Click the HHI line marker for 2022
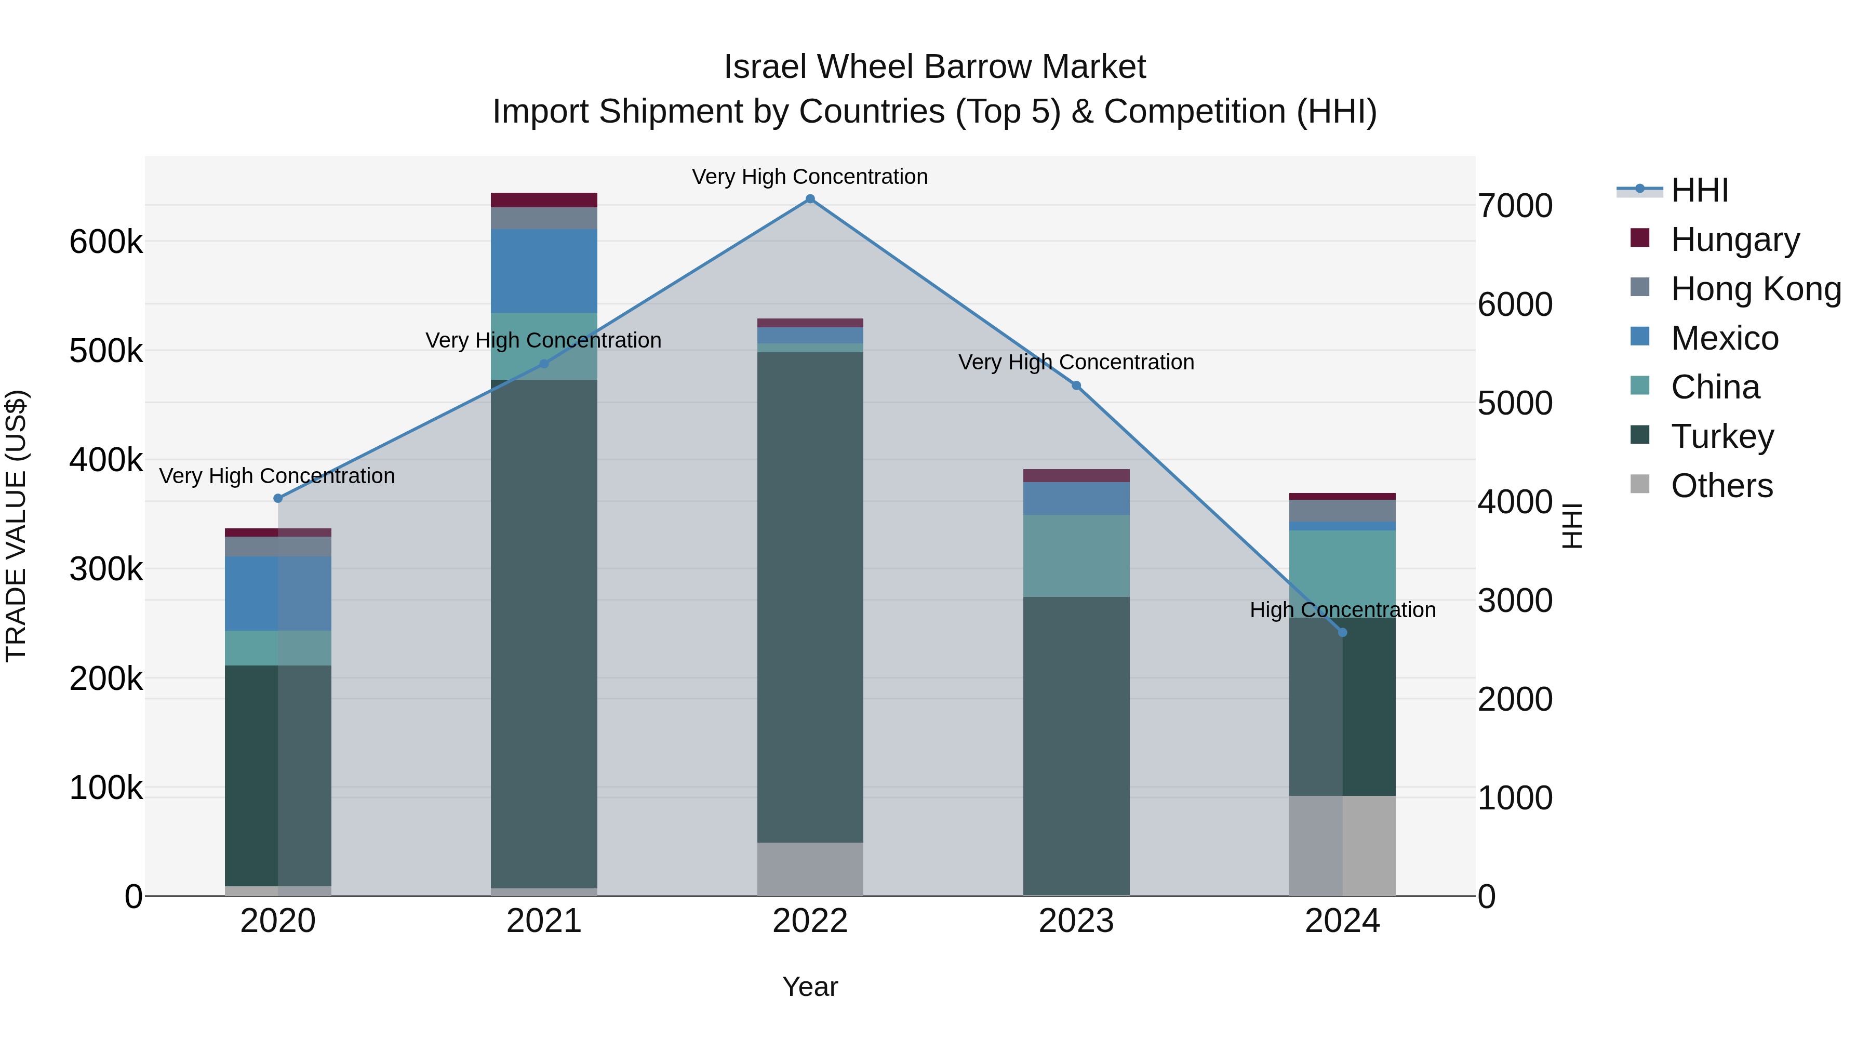coord(810,199)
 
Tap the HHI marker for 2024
coord(1342,632)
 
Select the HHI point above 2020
coord(278,498)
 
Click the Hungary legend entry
coord(1735,239)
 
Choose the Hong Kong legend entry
coord(1755,288)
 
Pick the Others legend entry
coord(1721,485)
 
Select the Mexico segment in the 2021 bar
coord(544,271)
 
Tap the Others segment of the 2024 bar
coord(1342,845)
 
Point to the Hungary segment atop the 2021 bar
coord(544,199)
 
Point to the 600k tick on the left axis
coord(106,242)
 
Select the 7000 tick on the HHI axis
coord(1515,206)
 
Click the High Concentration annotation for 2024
coord(1342,610)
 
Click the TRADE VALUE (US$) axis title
coord(16,526)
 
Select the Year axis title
coord(810,987)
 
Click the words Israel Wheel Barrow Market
coord(934,67)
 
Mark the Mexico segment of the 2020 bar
coord(278,593)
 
